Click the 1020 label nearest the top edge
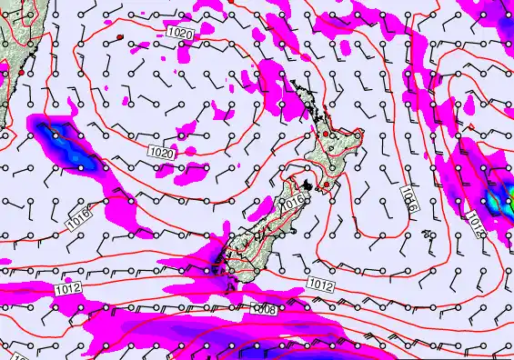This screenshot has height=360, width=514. click(x=180, y=33)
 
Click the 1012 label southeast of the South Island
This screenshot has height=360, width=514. click(x=319, y=285)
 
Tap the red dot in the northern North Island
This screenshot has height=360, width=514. click(x=326, y=135)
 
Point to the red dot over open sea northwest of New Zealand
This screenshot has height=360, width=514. click(x=119, y=36)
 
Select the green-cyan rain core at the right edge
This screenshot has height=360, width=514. click(x=499, y=197)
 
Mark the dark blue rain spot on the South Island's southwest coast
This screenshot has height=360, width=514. click(x=216, y=265)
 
